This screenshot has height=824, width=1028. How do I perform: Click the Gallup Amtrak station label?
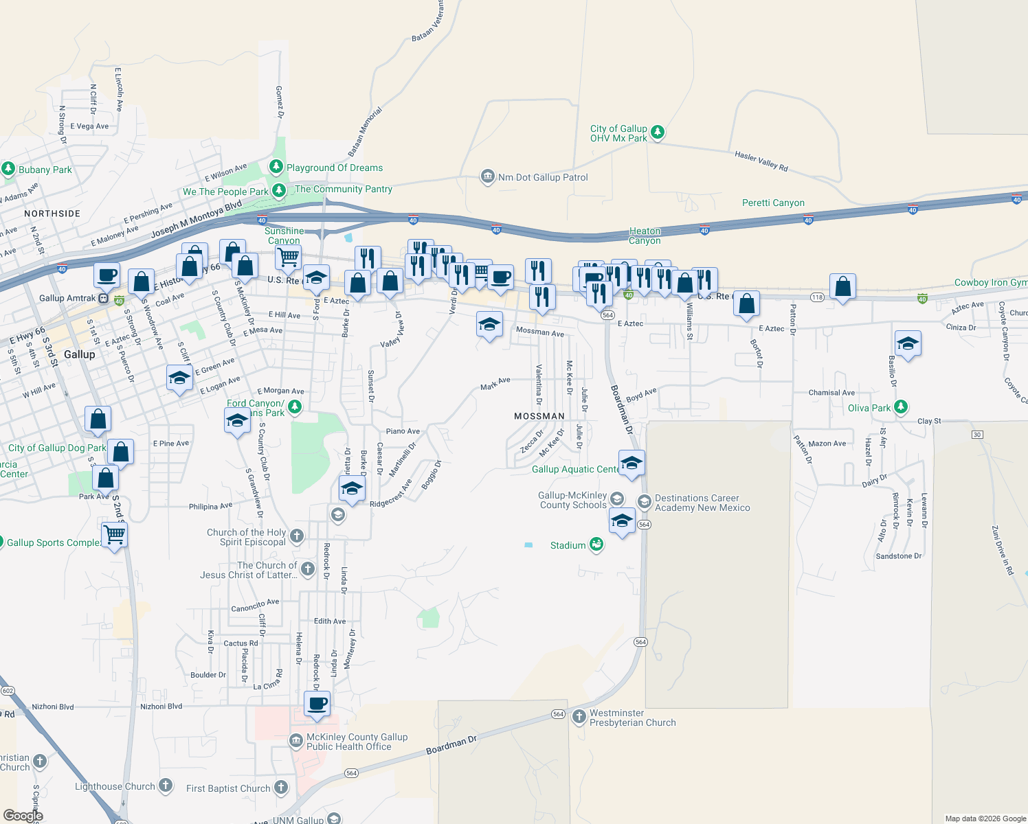(x=67, y=298)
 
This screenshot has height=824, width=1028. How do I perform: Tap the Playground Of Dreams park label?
(x=335, y=168)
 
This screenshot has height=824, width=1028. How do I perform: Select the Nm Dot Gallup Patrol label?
(x=543, y=177)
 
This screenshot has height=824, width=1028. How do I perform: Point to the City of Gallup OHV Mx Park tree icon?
(x=658, y=132)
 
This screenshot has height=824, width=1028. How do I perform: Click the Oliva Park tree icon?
(x=901, y=407)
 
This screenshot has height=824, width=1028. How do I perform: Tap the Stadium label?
(x=568, y=545)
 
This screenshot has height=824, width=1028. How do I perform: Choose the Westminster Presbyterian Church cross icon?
(x=579, y=718)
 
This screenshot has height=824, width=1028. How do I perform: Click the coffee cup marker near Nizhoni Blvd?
(x=317, y=705)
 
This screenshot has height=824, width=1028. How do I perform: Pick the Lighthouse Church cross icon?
(x=166, y=786)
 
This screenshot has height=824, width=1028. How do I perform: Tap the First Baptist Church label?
(x=228, y=788)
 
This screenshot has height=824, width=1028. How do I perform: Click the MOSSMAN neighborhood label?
(x=539, y=416)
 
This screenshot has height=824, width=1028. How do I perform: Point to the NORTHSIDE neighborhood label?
(x=52, y=214)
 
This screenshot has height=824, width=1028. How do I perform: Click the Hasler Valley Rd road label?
(x=761, y=161)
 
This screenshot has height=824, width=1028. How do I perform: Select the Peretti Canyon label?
(x=773, y=203)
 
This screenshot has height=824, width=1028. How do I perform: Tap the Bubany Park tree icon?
(x=8, y=168)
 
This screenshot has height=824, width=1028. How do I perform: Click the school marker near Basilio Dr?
(x=908, y=344)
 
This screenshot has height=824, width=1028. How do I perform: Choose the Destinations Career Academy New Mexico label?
(x=702, y=503)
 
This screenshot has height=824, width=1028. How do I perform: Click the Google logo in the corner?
(x=23, y=816)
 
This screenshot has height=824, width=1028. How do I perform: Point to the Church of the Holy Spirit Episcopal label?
(x=247, y=537)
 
